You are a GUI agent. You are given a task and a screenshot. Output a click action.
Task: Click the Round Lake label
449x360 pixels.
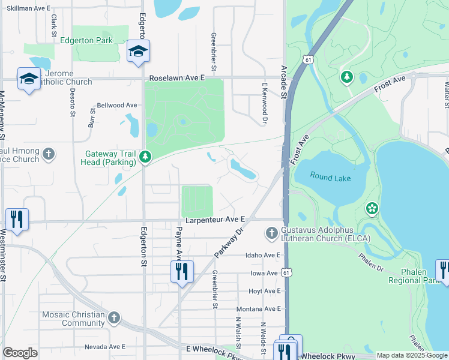[x=330, y=176]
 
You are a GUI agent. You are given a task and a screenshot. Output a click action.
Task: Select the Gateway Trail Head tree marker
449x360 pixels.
[x=145, y=157]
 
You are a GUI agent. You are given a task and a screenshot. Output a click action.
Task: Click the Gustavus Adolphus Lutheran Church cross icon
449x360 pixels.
[x=271, y=232]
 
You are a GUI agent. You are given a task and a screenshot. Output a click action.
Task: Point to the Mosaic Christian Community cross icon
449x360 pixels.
[x=114, y=317]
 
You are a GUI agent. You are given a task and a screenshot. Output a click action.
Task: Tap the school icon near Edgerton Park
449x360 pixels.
[x=138, y=52]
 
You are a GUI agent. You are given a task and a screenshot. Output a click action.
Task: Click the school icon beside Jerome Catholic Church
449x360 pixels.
[x=29, y=80]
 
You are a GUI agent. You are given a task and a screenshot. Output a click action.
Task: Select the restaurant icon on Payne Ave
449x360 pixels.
[x=181, y=271]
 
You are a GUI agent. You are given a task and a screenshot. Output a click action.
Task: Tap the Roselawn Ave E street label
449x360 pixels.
[x=177, y=78]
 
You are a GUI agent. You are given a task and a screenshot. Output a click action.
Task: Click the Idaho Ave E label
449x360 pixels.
[x=263, y=255]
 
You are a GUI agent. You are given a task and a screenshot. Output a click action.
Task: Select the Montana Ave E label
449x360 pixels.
[x=259, y=308]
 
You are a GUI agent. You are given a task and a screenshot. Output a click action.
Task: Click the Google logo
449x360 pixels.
[x=20, y=353]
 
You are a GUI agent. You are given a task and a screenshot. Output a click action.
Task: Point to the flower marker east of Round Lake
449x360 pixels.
[x=372, y=208]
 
